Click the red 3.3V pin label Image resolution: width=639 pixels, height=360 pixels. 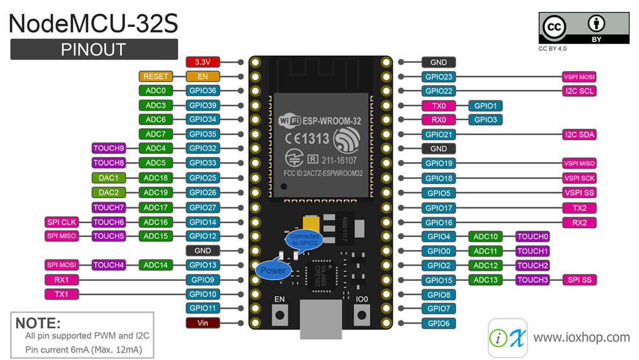pyautogui.click(x=202, y=62)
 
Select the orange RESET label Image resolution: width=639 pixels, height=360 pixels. pyautogui.click(x=156, y=77)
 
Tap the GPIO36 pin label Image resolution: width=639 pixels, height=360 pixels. pyautogui.click(x=202, y=91)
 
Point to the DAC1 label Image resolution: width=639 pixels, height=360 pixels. pyautogui.click(x=109, y=178)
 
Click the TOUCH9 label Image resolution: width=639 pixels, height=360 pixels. pyautogui.click(x=109, y=148)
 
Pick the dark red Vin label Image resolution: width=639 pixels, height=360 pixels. pyautogui.click(x=202, y=323)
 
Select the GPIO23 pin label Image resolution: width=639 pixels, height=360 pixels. pyautogui.click(x=439, y=77)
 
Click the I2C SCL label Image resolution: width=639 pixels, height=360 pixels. pyautogui.click(x=579, y=91)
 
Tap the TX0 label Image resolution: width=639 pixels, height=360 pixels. pyautogui.click(x=439, y=106)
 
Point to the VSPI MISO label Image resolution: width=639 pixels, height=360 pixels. pyautogui.click(x=579, y=163)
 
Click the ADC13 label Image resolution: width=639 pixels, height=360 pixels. pyautogui.click(x=485, y=280)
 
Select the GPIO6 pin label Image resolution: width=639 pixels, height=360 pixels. pyautogui.click(x=439, y=323)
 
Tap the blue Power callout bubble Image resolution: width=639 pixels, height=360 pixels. pyautogui.click(x=273, y=271)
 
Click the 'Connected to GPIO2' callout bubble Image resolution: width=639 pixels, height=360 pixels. pyautogui.click(x=303, y=239)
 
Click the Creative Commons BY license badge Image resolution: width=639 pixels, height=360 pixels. pyautogui.click(x=583, y=28)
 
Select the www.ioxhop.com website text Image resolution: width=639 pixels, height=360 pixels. pyautogui.click(x=581, y=337)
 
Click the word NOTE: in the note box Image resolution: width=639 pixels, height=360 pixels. pyautogui.click(x=38, y=324)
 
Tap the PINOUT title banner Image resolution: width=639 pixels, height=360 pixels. pyautogui.click(x=94, y=49)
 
